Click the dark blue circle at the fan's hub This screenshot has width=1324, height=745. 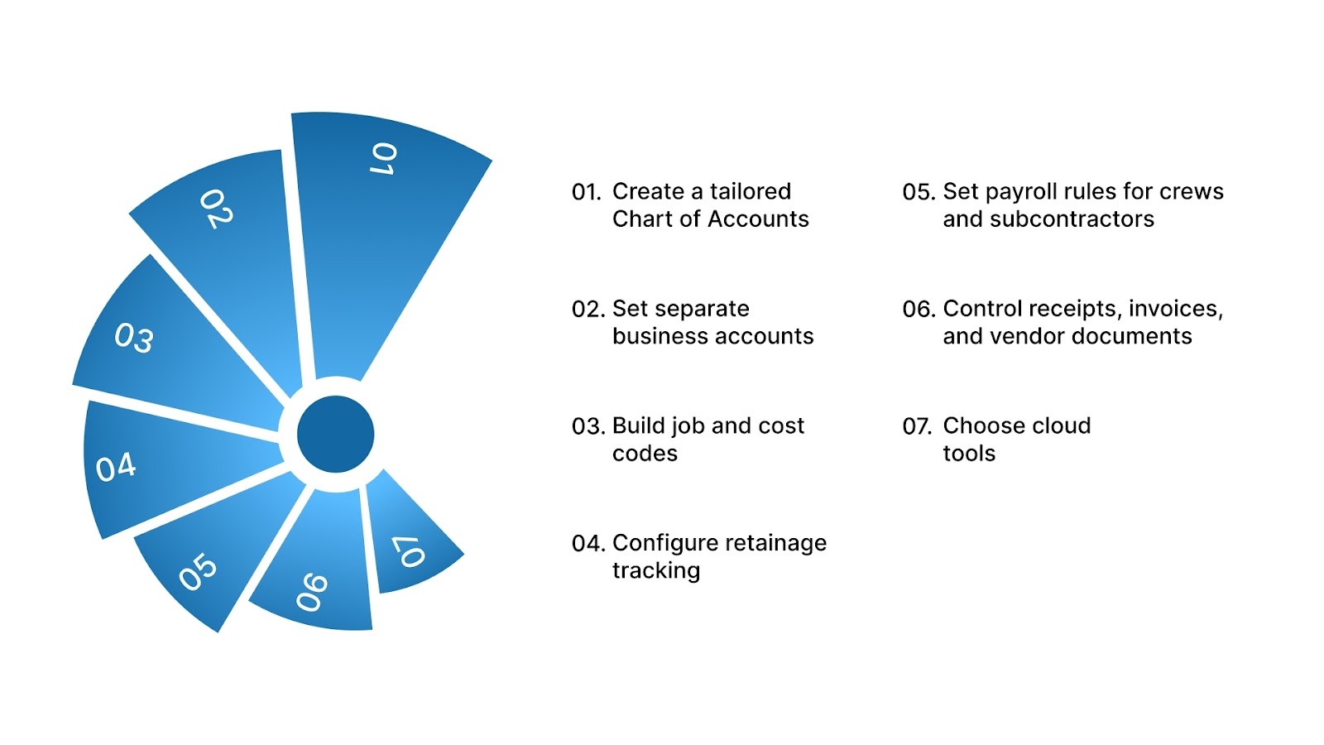point(335,434)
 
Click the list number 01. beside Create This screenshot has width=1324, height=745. point(586,192)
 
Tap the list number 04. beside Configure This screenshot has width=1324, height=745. point(588,544)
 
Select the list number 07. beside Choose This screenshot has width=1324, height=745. point(917,426)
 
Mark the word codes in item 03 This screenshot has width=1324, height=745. point(645,454)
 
